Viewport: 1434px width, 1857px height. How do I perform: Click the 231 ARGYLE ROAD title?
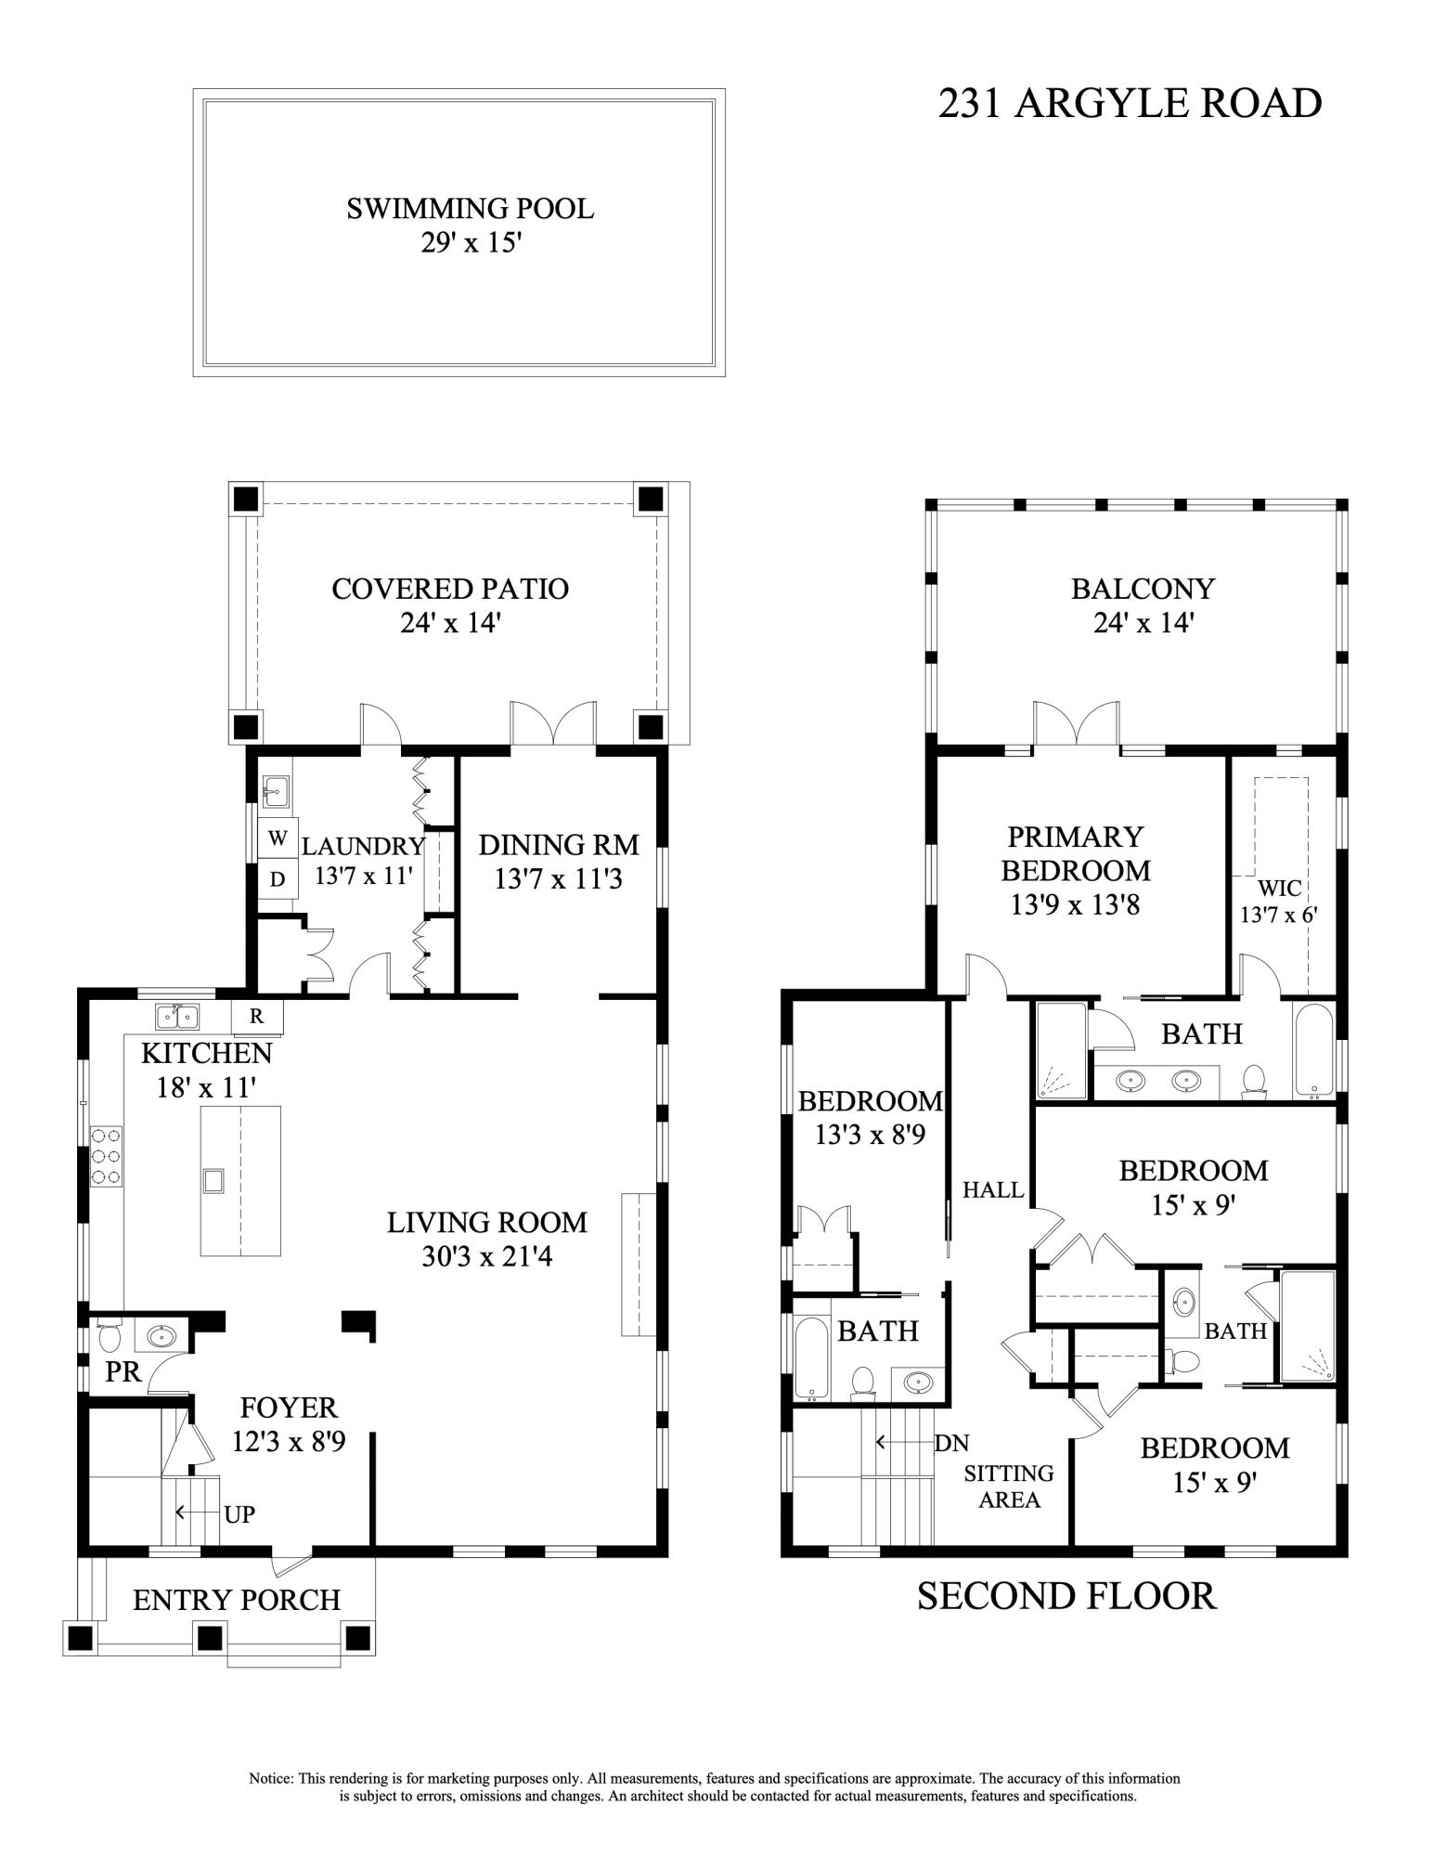tap(1130, 104)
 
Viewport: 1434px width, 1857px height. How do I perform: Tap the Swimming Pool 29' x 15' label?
tap(470, 225)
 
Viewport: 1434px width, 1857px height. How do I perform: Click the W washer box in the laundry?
tap(277, 838)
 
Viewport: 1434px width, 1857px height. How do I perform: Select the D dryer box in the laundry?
tap(277, 879)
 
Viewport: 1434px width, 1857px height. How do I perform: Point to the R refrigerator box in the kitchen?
tap(256, 1017)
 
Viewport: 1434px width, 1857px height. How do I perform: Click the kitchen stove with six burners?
tap(106, 1154)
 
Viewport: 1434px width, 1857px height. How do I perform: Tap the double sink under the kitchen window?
tap(176, 1017)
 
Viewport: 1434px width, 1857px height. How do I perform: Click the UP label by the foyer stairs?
tap(239, 1514)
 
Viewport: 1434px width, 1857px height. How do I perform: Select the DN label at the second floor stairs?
tap(951, 1443)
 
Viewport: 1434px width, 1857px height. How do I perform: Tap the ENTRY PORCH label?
tap(237, 1600)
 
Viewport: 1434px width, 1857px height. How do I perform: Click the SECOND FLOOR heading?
tap(1066, 1596)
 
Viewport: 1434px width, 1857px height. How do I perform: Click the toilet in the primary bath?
tap(1254, 1080)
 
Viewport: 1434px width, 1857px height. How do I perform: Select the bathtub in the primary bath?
tap(1312, 1051)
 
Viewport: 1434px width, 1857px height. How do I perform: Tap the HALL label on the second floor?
tap(992, 1189)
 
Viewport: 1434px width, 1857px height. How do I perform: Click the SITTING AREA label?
tap(1009, 1487)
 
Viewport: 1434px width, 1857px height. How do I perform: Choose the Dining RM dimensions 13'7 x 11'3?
tap(558, 878)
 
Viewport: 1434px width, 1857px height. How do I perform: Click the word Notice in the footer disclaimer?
tap(271, 1779)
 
